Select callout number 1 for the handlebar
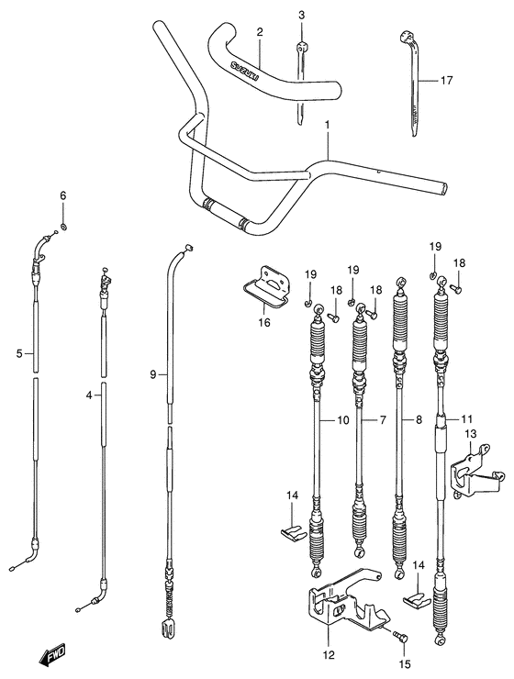[x=326, y=126]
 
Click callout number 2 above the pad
[x=260, y=32]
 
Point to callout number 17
[x=447, y=81]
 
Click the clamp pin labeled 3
[x=301, y=78]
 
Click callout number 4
[x=89, y=395]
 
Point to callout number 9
[x=153, y=373]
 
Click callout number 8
[x=419, y=421]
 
